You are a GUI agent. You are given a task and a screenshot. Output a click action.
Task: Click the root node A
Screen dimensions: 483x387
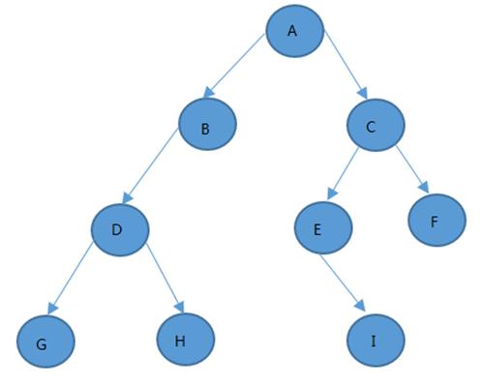294,31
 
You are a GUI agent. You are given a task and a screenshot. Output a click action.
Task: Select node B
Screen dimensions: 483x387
208,124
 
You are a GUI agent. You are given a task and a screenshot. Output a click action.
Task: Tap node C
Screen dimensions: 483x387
376,125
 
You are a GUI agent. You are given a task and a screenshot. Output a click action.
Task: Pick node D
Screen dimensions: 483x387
120,230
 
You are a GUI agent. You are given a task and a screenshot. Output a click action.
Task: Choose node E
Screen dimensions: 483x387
323,227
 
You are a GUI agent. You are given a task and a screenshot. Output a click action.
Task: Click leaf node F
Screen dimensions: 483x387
438,220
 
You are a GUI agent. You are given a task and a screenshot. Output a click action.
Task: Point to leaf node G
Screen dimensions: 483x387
46,342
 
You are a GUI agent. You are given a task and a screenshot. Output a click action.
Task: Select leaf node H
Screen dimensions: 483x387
186,340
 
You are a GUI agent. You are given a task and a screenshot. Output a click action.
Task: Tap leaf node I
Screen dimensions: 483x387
376,341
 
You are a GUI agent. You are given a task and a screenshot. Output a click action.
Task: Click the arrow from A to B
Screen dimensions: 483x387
234,66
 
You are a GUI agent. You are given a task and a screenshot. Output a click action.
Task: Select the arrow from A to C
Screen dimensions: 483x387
346,65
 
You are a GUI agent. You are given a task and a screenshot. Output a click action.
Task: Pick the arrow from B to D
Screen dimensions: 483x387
150,165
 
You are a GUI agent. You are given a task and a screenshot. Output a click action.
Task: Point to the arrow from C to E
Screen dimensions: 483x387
343,173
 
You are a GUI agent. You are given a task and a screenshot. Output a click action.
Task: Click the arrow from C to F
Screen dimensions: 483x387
412,169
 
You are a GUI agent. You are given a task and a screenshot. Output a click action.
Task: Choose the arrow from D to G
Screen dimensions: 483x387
70,278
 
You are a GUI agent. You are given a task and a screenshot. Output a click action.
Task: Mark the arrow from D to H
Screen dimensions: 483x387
165,278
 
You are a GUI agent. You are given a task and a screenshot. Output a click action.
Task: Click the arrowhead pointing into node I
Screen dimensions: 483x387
361,306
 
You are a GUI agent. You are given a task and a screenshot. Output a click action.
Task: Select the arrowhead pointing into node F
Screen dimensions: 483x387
424,188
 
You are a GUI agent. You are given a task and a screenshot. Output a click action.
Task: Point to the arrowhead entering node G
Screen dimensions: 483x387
52,308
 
